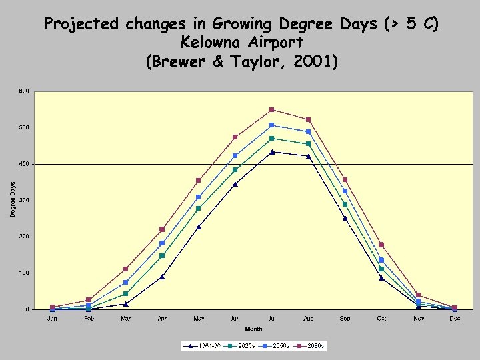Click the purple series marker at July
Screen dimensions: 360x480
click(x=272, y=109)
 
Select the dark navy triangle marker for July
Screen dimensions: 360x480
click(x=272, y=152)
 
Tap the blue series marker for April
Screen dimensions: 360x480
click(x=162, y=243)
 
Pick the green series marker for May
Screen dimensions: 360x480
click(x=199, y=209)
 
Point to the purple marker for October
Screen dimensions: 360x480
click(x=381, y=245)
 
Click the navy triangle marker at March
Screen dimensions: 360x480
click(x=125, y=304)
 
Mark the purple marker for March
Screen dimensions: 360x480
click(x=125, y=269)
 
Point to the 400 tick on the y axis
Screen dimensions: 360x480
click(x=23, y=164)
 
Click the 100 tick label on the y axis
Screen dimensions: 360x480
click(x=23, y=273)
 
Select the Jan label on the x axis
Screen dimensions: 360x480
click(x=52, y=319)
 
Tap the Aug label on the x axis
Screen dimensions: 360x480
click(x=308, y=319)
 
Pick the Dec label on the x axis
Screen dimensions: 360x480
click(x=455, y=319)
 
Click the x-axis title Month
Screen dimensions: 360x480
click(x=253, y=329)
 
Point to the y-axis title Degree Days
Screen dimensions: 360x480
click(x=13, y=199)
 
